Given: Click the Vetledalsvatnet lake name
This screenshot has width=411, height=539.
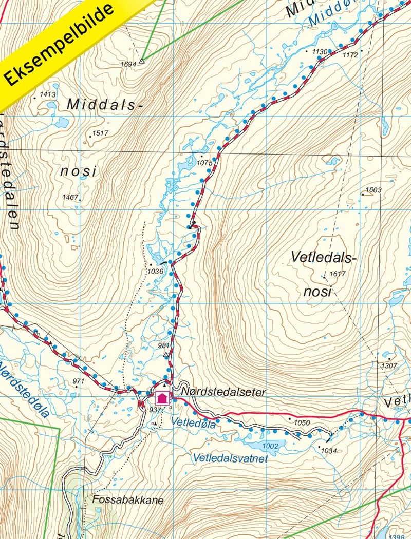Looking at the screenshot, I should pos(230,458).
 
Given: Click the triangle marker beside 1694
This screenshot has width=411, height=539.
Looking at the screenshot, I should pos(142,61).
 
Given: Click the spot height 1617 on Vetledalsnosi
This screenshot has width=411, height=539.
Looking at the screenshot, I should pos(338,274).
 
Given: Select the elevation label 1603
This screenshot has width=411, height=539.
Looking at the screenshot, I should pos(373,190).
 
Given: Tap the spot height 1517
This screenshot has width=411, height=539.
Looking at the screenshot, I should pos(100,134).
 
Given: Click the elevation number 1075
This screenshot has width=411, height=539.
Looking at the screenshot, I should pos(204,163).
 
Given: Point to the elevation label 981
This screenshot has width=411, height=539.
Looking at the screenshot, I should pos(163,345).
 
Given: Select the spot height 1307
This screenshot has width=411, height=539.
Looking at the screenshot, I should pos(389,365).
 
